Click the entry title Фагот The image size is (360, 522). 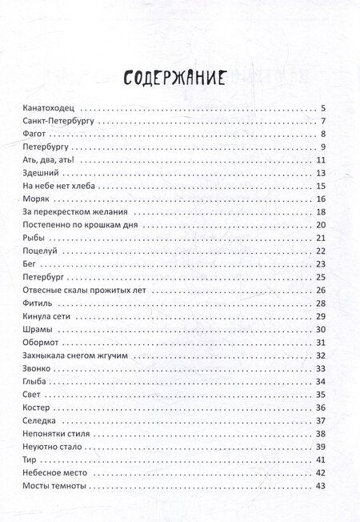[x=38, y=135]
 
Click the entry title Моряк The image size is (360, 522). [x=38, y=199]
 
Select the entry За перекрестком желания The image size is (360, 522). [x=76, y=212]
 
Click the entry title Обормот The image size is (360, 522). [x=43, y=343]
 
